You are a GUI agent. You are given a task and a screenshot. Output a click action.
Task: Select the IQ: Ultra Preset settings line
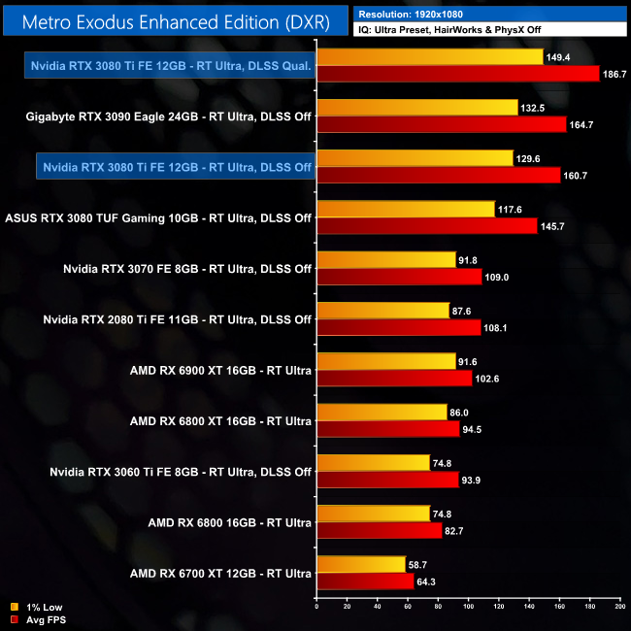coord(446,30)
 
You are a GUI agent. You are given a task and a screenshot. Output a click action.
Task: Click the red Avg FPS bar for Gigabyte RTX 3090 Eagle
coord(441,124)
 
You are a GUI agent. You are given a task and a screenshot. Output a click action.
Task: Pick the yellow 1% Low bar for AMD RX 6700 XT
coord(360,564)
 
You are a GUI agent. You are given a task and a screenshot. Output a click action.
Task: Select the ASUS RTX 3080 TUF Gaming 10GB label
coord(158,218)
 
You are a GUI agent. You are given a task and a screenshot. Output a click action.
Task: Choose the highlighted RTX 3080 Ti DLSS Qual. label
coord(171,66)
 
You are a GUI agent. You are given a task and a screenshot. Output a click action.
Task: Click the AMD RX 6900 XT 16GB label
coord(220,370)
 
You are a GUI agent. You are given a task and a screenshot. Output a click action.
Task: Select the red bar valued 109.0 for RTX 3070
coord(399,277)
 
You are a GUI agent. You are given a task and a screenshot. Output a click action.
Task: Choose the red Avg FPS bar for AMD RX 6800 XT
coord(387,429)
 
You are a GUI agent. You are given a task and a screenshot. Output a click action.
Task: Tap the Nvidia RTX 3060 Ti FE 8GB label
coord(181,472)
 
